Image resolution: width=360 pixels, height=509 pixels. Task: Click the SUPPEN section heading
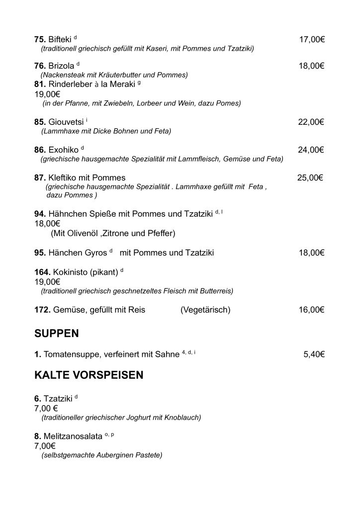57,333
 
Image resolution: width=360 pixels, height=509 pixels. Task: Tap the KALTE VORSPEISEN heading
89,375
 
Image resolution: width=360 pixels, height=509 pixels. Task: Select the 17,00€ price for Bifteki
312,39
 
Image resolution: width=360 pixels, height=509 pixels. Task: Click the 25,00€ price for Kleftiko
310,178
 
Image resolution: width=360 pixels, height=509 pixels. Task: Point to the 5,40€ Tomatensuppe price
314,354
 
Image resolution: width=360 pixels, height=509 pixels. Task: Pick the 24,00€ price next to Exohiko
311,150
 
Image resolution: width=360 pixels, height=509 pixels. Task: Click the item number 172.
42,310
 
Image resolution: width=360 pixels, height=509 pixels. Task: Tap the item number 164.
42,272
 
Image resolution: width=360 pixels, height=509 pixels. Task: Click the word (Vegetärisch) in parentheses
205,310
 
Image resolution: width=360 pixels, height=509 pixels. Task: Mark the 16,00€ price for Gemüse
312,310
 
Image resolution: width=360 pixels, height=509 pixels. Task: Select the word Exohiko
63,150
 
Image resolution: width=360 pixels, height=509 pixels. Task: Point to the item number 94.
40,214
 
